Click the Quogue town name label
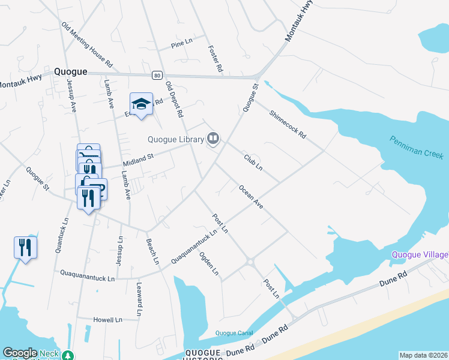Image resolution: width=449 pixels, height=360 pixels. tap(71, 71)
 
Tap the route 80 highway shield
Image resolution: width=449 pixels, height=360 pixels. tap(157, 75)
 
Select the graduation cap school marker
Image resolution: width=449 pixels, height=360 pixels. tap(142, 105)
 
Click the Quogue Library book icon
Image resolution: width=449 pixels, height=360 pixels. tap(212, 139)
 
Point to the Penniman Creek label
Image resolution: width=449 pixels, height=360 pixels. tap(416, 147)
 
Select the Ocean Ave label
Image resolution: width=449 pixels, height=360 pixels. tap(251, 197)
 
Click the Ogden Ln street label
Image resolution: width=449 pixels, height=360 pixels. tap(209, 263)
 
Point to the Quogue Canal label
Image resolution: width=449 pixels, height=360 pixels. tap(234, 333)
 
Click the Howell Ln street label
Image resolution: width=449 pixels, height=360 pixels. tap(109, 320)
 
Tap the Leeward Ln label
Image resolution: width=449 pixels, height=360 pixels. tap(139, 299)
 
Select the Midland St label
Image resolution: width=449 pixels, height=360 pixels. tap(139, 159)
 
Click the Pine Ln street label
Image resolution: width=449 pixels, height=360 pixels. tap(181, 44)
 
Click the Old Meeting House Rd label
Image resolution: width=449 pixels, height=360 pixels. tap(88, 44)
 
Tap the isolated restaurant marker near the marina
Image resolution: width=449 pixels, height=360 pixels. tap(25, 247)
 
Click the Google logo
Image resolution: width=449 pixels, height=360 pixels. tap(20, 353)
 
